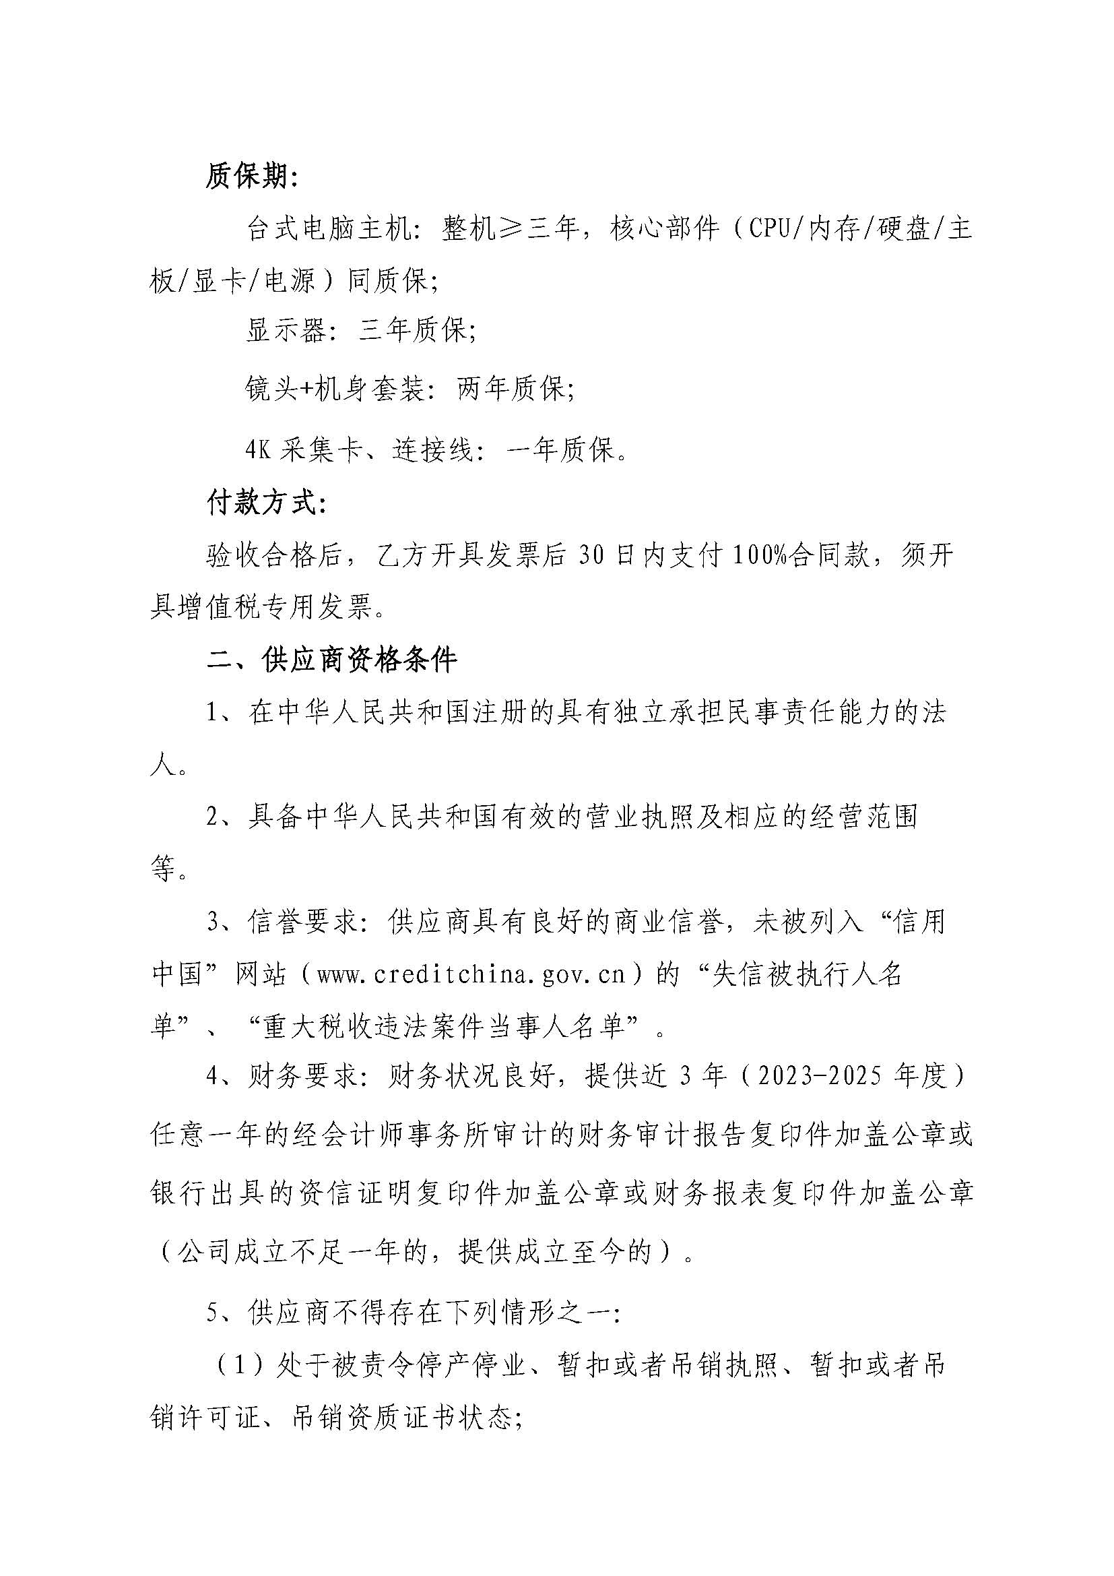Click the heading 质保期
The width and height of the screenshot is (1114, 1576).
coord(251,178)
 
